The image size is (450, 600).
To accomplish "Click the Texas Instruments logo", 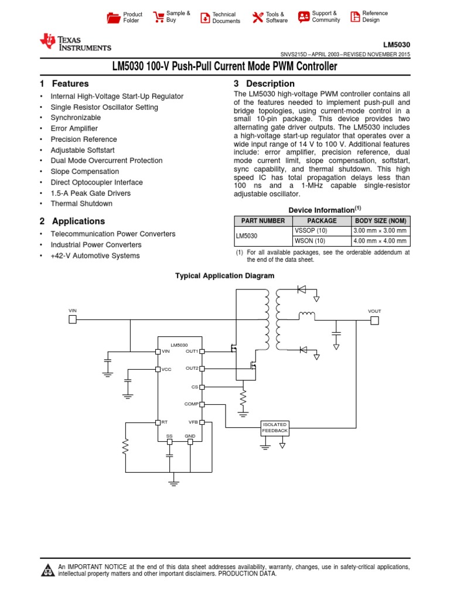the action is point(74,43).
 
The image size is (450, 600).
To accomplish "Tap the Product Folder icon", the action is point(113,18).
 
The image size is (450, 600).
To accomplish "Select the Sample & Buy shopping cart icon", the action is point(158,17).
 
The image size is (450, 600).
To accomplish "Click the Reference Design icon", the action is point(355,17).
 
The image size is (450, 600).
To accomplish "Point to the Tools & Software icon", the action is point(258,18).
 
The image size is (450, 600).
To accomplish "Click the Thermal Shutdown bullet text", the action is point(81,204).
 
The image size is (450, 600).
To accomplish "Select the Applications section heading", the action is point(78,221).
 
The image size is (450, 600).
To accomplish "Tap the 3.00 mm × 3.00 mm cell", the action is point(380,231).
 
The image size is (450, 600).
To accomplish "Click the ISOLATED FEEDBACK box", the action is point(275,427).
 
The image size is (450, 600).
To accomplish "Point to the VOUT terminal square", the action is point(374,320).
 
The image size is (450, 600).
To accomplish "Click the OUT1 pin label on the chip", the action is point(192,351).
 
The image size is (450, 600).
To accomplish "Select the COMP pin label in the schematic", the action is point(192,404).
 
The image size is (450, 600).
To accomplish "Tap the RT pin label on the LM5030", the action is point(165,422).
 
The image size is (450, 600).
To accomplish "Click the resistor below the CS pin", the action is point(243,400).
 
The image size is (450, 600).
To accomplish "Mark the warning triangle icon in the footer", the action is point(47,570).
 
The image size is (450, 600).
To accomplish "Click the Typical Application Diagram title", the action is point(225,275).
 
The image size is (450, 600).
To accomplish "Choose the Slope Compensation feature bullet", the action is point(85,172).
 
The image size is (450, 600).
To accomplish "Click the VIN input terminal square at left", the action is point(73,319).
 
